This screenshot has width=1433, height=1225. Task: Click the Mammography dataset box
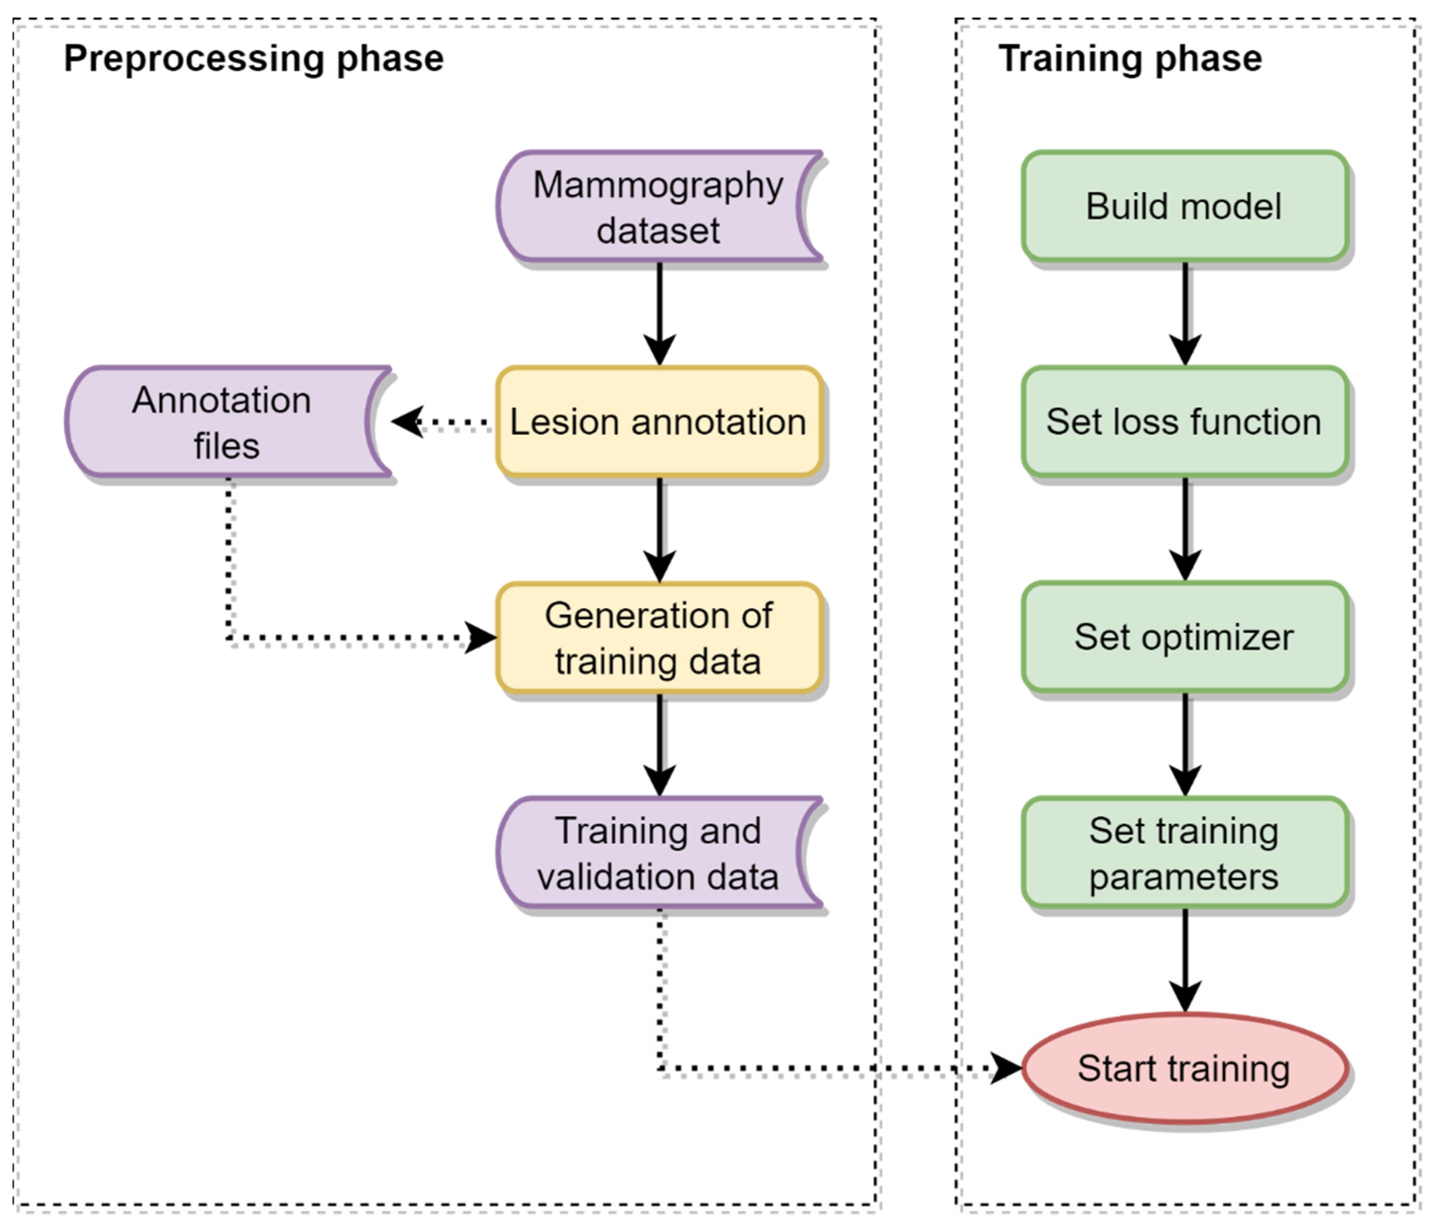[x=659, y=207]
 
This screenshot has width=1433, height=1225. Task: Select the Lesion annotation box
[x=659, y=422]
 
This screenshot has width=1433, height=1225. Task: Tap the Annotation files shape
[x=228, y=422]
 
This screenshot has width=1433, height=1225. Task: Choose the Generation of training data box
[x=659, y=637]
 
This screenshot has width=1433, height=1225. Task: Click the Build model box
[x=1185, y=207]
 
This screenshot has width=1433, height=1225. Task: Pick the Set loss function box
[x=1185, y=422]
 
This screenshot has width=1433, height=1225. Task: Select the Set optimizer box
[x=1185, y=637]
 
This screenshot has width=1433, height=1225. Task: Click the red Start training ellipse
[x=1185, y=1069]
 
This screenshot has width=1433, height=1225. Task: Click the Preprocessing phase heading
[x=254, y=59]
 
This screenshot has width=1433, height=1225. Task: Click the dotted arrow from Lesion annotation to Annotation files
[x=442, y=422]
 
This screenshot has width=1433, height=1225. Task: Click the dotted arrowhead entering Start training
[x=1006, y=1069]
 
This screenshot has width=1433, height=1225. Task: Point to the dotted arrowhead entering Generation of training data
[x=481, y=637]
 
